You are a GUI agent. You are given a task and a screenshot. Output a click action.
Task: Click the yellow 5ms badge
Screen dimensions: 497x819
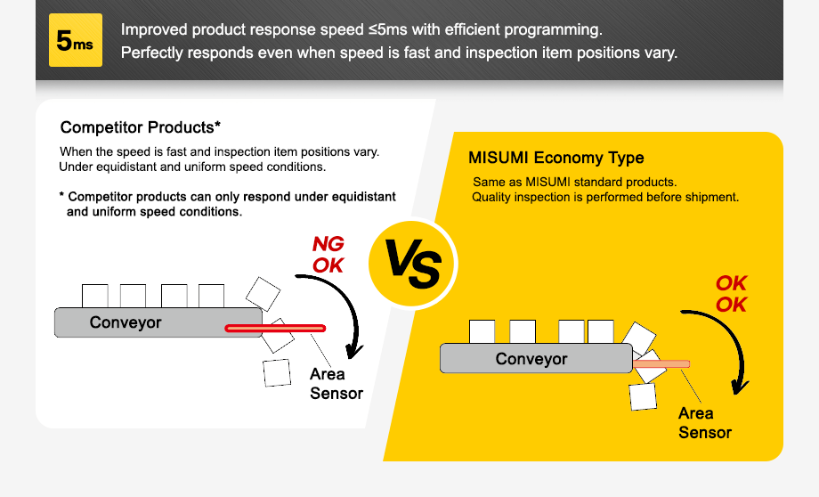point(76,41)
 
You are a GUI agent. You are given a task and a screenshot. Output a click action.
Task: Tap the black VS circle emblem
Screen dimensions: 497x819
point(411,265)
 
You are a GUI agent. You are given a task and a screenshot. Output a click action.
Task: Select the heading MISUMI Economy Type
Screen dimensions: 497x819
point(555,159)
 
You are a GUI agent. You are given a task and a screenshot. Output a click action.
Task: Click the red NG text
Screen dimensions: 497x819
point(328,244)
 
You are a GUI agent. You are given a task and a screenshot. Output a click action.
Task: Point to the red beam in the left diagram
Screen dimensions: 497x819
point(275,329)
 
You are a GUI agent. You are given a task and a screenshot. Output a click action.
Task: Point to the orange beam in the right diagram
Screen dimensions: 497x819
point(661,363)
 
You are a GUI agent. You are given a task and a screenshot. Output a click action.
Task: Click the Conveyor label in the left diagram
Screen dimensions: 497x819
point(126,322)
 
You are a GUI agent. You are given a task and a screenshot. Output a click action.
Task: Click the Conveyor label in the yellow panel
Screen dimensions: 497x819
point(531,359)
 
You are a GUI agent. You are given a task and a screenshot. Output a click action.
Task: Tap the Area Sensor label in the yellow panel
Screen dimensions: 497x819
point(704,423)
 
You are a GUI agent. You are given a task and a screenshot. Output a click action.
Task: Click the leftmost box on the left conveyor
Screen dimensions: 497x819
point(94,296)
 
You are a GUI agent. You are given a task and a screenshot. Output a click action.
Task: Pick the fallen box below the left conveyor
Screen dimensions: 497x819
point(277,372)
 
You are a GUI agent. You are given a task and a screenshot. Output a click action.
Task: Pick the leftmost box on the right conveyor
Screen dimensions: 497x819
point(482,331)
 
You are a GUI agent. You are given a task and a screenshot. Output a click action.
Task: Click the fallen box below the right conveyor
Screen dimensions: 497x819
point(643,396)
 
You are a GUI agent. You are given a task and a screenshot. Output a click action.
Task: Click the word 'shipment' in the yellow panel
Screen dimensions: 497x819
point(710,197)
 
